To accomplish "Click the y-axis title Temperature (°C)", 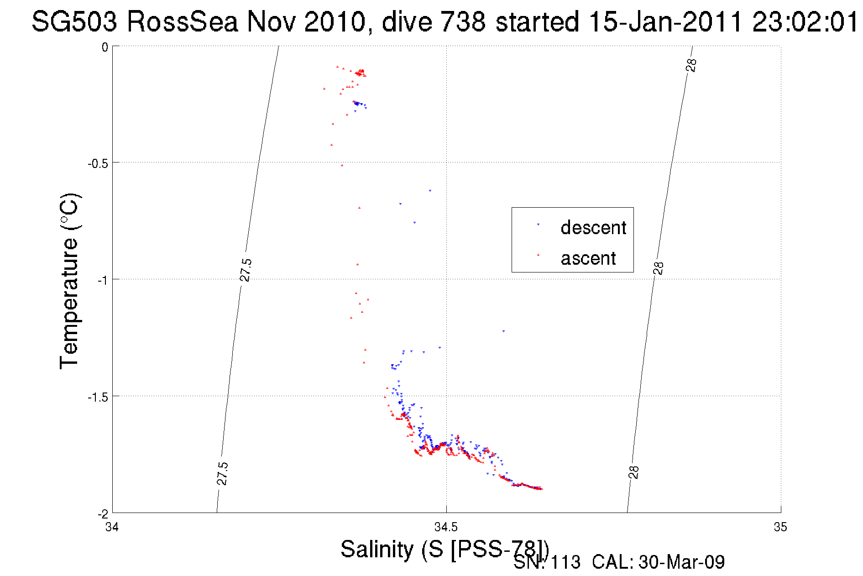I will point(70,281).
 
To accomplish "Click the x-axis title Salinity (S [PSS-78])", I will point(444,549).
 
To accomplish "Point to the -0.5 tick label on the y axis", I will point(98,163).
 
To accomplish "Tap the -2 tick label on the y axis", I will point(102,514).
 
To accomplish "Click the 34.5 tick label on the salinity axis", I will point(446,528).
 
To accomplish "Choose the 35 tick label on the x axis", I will point(780,528).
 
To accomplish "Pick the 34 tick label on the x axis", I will point(112,528).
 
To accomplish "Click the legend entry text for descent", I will point(593,227).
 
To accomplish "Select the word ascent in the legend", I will point(588,258).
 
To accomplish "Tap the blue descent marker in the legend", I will point(538,225).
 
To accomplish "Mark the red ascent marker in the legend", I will point(538,255).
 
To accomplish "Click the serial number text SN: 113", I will point(547,562).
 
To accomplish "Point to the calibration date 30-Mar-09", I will point(681,562).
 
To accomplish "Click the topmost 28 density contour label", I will point(691,65).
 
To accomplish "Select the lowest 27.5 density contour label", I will point(222,473).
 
